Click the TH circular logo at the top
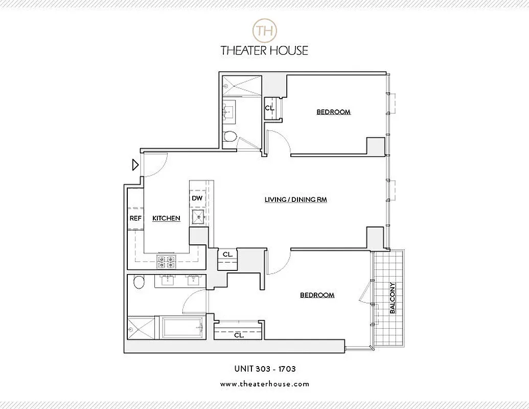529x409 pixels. point(264,29)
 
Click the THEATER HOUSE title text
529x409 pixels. point(264,50)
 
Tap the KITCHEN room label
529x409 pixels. point(166,218)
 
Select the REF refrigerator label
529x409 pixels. point(135,218)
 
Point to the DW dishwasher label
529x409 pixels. point(197,198)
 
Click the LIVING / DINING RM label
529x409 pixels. point(295,200)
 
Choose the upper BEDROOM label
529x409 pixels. point(333,112)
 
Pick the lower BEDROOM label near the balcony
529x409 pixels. point(317,295)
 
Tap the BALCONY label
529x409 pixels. point(393,298)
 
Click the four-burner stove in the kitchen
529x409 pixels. point(166,262)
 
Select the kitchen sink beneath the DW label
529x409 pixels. point(197,217)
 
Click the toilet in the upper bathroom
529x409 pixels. point(231,137)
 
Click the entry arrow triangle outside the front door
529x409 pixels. point(135,165)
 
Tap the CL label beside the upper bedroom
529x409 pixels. point(269,108)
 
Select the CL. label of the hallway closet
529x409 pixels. point(227,254)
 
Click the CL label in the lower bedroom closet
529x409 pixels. point(238,336)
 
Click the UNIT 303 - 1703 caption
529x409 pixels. point(264,368)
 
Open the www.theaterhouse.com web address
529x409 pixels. point(264,383)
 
